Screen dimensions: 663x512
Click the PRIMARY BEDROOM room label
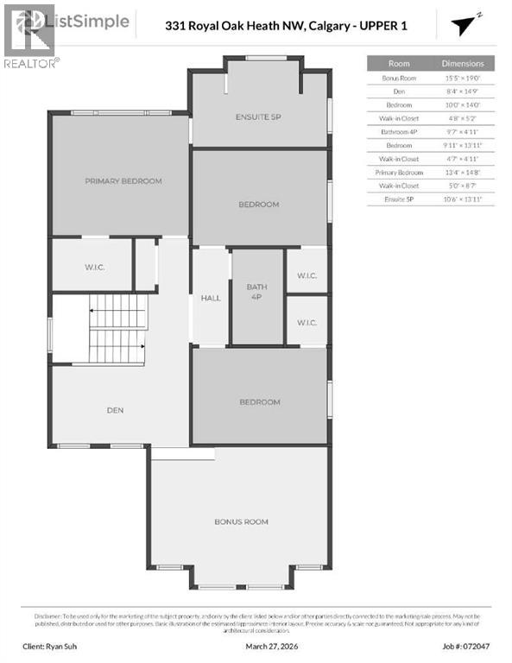coord(123,181)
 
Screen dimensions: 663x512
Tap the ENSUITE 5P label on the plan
coord(258,117)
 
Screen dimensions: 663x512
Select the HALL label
coord(211,299)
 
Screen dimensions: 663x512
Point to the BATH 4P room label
coord(257,293)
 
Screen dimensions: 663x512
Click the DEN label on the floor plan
coord(116,410)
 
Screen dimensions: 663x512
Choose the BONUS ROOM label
coord(241,521)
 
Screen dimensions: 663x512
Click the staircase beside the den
coord(116,329)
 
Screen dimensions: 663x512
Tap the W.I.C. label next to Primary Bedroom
coord(94,267)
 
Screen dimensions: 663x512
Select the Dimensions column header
coord(463,64)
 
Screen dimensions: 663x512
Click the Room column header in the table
coord(399,64)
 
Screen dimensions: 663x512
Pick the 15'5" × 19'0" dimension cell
coord(463,78)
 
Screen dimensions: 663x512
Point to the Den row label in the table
coord(399,91)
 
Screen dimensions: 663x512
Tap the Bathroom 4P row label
coord(399,131)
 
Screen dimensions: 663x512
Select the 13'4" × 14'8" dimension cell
coord(463,172)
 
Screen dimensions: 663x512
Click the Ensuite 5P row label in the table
coord(399,199)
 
